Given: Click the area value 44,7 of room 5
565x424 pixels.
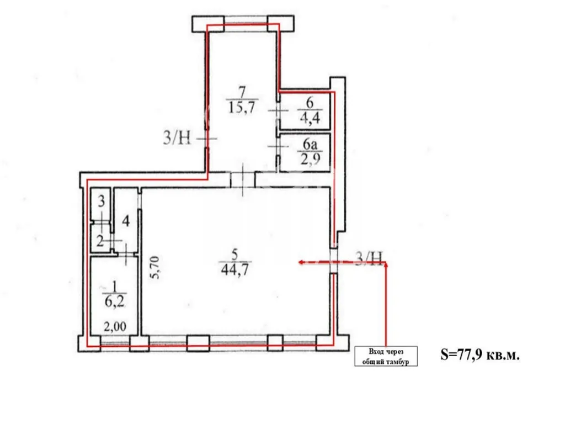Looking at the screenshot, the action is click(x=234, y=269).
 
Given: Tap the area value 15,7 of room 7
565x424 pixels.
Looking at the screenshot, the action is click(x=242, y=107).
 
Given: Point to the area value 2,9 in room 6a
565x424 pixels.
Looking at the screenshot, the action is click(x=310, y=158).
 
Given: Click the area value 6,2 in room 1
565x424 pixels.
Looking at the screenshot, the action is click(x=114, y=301).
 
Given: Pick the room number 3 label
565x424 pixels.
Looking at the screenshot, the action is click(x=102, y=200).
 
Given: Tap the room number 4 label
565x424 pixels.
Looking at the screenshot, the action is click(x=125, y=221).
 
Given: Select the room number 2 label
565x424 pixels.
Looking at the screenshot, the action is click(x=100, y=241).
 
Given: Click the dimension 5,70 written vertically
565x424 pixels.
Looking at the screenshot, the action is click(x=155, y=267).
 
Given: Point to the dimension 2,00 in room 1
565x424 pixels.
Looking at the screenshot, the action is click(x=115, y=327).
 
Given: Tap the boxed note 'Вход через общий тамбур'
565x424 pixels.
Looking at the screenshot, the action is click(x=386, y=356).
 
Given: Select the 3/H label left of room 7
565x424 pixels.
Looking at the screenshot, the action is click(x=177, y=137).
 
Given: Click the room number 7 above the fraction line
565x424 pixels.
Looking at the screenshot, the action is click(x=242, y=93).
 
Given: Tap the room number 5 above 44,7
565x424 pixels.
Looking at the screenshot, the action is click(x=234, y=255).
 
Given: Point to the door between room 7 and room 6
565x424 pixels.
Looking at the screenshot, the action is click(x=278, y=110).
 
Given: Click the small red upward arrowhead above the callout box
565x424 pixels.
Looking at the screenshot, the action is click(x=386, y=265).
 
